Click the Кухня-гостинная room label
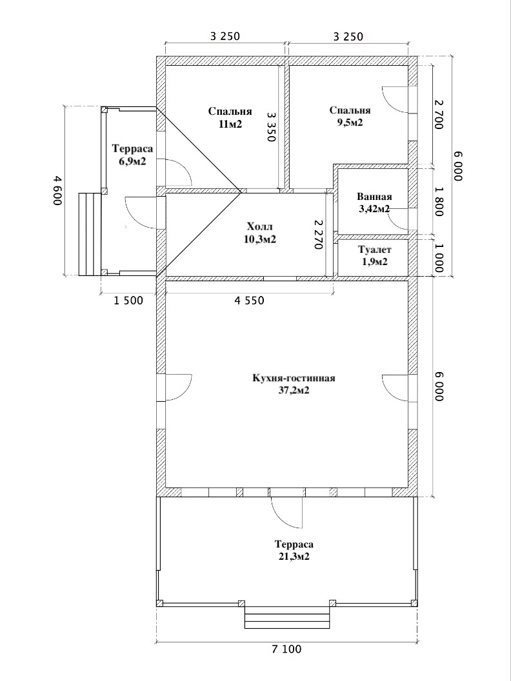pyautogui.click(x=294, y=384)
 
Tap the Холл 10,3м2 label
pyautogui.click(x=261, y=233)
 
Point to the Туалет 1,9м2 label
pyautogui.click(x=375, y=256)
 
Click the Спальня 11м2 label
pyautogui.click(x=230, y=118)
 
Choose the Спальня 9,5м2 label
pyautogui.click(x=350, y=116)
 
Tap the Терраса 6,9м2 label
pyautogui.click(x=133, y=155)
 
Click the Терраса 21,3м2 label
pyautogui.click(x=294, y=550)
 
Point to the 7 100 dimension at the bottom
pyautogui.click(x=286, y=649)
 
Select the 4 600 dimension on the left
pyautogui.click(x=57, y=191)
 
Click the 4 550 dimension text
pyautogui.click(x=249, y=300)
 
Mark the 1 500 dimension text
pyautogui.click(x=128, y=301)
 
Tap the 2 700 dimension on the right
pyautogui.click(x=439, y=114)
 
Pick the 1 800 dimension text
pyautogui.click(x=439, y=201)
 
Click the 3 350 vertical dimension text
pyautogui.click(x=271, y=127)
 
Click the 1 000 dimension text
pyautogui.click(x=439, y=257)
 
